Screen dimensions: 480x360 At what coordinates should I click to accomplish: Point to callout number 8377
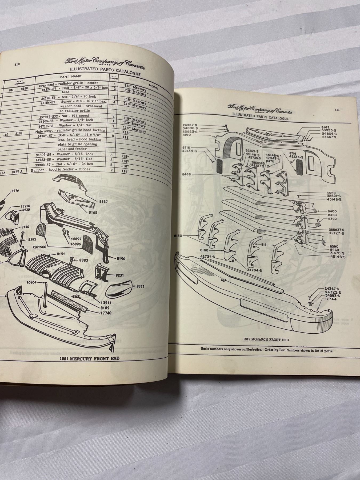[x=141, y=286]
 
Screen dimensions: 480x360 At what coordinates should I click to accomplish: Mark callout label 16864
[x=32, y=282]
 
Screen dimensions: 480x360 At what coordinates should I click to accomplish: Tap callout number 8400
[x=333, y=211]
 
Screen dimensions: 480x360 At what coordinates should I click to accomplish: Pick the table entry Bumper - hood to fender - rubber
[x=61, y=169]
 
